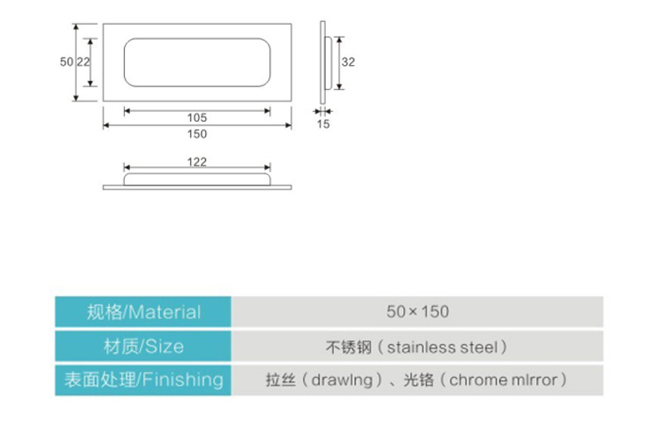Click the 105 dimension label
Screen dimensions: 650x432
(x=197, y=118)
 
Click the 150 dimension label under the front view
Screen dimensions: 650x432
(x=197, y=134)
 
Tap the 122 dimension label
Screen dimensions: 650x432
(x=197, y=162)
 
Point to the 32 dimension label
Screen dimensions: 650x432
(x=348, y=62)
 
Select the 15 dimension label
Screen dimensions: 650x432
(x=323, y=123)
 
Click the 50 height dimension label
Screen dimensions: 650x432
(x=67, y=62)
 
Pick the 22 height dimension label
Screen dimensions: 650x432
(x=83, y=62)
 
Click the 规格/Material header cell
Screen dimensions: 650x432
(x=143, y=312)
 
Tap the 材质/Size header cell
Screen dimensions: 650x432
(x=143, y=346)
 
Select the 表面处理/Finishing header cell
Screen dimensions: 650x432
(x=143, y=380)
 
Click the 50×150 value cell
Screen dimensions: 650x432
(x=417, y=312)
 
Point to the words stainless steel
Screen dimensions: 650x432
(x=442, y=347)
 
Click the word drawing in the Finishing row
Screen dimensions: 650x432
(x=342, y=380)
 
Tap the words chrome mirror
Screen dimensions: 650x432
(x=503, y=380)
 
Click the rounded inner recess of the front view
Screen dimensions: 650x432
(x=197, y=38)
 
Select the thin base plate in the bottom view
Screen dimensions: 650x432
(x=197, y=188)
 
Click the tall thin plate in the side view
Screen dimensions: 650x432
(x=322, y=63)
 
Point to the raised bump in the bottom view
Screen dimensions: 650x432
(x=197, y=173)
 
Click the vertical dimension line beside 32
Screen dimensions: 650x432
(x=339, y=63)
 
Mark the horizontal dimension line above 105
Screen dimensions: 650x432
(x=197, y=111)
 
